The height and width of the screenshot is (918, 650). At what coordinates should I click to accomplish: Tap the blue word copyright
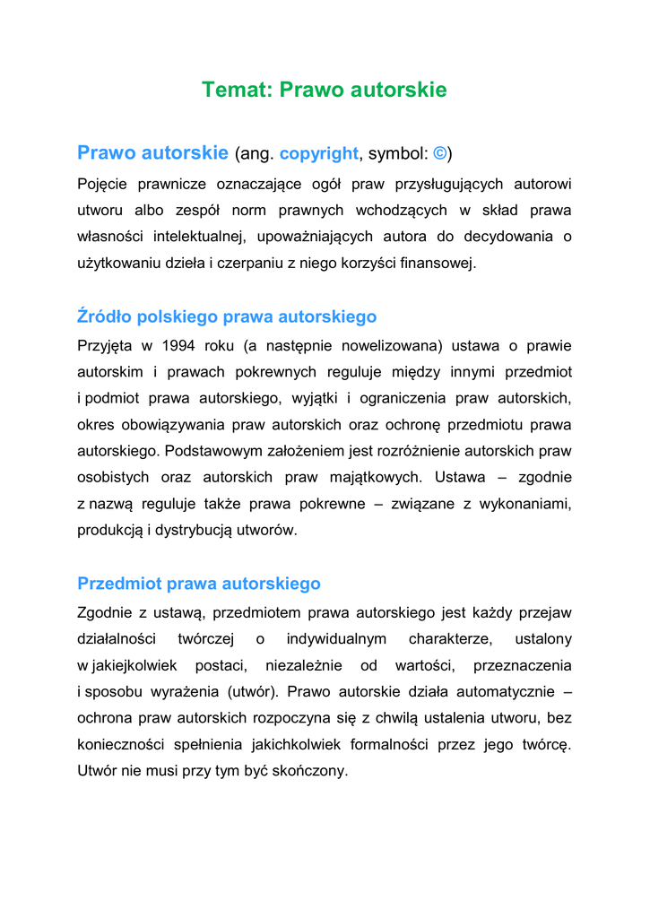[x=318, y=153]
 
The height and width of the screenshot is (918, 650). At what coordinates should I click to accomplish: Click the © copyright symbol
[x=440, y=153]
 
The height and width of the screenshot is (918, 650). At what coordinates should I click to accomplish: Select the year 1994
[x=168, y=345]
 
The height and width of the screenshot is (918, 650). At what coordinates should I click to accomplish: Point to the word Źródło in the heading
[x=106, y=316]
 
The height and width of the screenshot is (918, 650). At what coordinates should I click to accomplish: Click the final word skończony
[x=310, y=771]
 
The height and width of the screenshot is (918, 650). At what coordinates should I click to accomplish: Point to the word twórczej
[x=205, y=639]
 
